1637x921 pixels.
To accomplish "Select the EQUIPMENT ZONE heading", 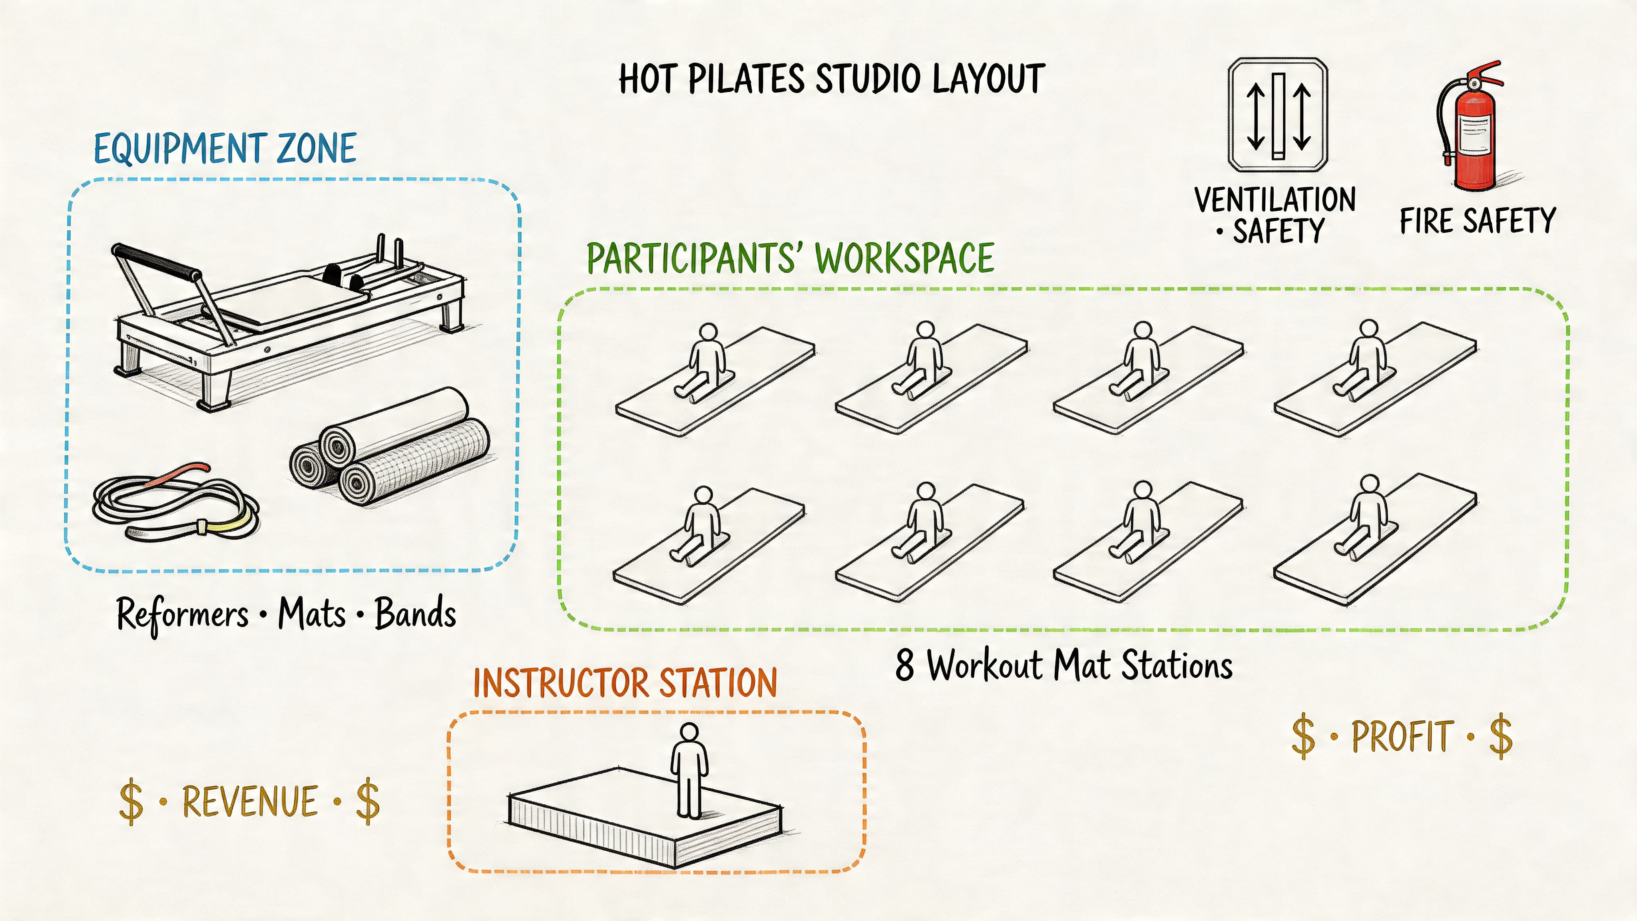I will (x=225, y=149).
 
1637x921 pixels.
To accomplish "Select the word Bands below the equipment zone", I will (x=415, y=614).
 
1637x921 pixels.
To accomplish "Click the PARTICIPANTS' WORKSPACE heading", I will (x=790, y=258).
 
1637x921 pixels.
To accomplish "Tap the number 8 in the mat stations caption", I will (x=904, y=666).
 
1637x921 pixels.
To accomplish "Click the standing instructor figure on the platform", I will (x=689, y=769).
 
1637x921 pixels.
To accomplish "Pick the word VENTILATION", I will (x=1275, y=199).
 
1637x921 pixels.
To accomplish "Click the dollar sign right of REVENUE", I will (x=367, y=802).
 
